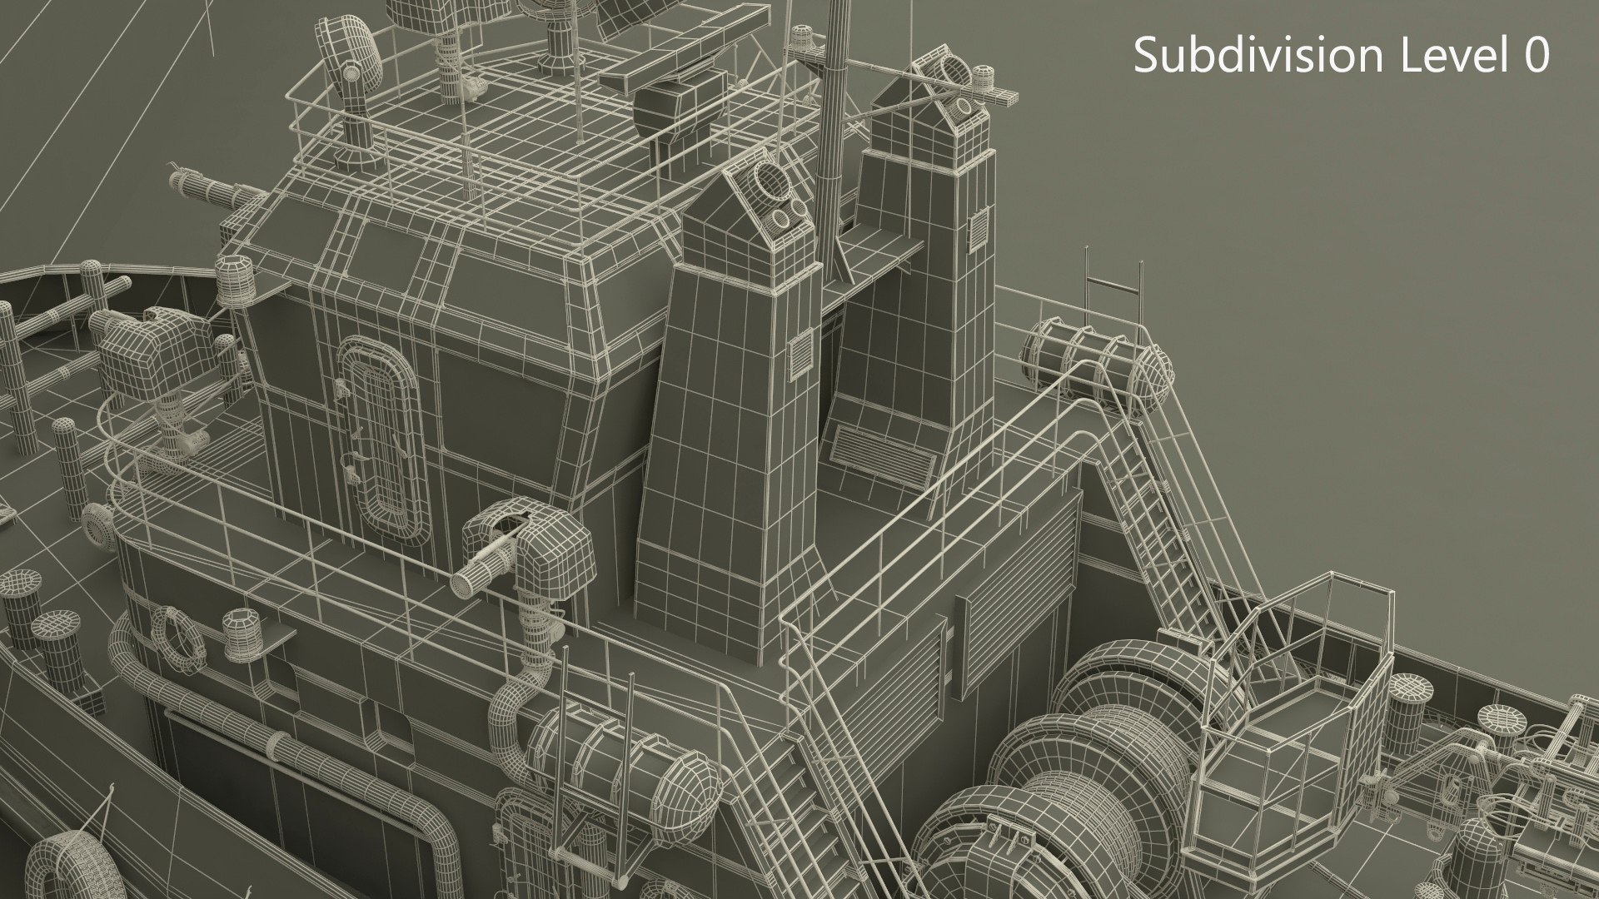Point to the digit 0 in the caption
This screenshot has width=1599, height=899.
pyautogui.click(x=1535, y=55)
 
